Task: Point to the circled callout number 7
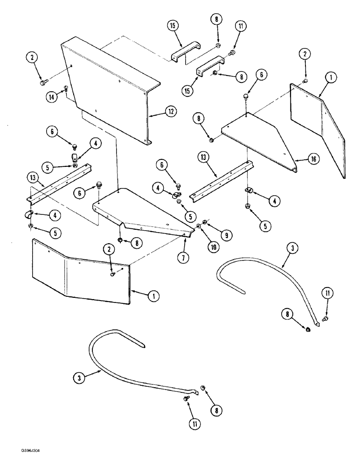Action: [182, 256]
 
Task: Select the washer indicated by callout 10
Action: [199, 226]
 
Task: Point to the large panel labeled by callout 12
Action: [107, 89]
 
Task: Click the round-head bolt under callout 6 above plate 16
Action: [245, 96]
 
